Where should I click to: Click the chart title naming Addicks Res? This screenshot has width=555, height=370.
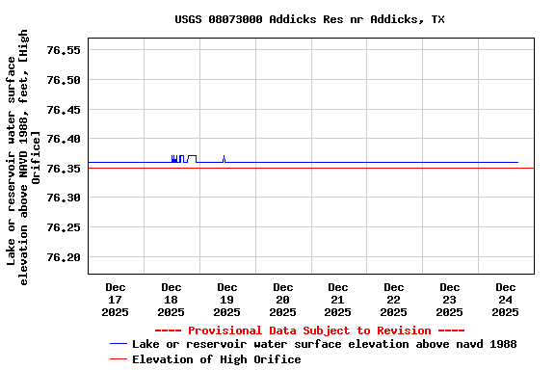click(x=309, y=19)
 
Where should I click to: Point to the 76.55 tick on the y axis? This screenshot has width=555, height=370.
click(x=63, y=50)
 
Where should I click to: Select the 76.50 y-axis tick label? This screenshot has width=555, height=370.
click(x=63, y=80)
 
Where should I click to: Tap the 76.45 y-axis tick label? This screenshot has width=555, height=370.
click(x=63, y=110)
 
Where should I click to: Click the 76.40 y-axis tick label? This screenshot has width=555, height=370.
click(x=63, y=139)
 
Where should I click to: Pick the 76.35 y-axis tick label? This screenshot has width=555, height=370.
click(x=63, y=169)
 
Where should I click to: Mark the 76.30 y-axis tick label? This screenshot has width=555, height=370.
click(x=63, y=198)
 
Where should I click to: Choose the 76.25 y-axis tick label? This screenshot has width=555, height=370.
click(x=63, y=227)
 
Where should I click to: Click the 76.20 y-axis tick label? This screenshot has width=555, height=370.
click(x=63, y=257)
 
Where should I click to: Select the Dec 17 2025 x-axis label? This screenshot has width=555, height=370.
click(x=116, y=300)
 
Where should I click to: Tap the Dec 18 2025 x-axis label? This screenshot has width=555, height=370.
click(x=172, y=300)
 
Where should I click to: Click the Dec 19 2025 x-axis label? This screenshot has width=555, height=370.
click(x=226, y=300)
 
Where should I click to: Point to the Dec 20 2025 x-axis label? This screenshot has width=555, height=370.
click(x=282, y=300)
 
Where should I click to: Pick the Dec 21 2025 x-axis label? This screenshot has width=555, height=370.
click(x=338, y=300)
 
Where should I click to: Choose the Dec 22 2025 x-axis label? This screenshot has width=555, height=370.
click(x=393, y=300)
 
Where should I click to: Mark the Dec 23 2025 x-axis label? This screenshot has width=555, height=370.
click(x=449, y=300)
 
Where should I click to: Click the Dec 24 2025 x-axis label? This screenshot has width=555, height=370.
click(x=505, y=300)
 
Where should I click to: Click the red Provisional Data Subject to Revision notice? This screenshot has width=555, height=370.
click(x=309, y=330)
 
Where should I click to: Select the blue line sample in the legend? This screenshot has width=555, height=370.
click(x=119, y=344)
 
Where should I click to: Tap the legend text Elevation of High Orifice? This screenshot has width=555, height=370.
click(x=216, y=359)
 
